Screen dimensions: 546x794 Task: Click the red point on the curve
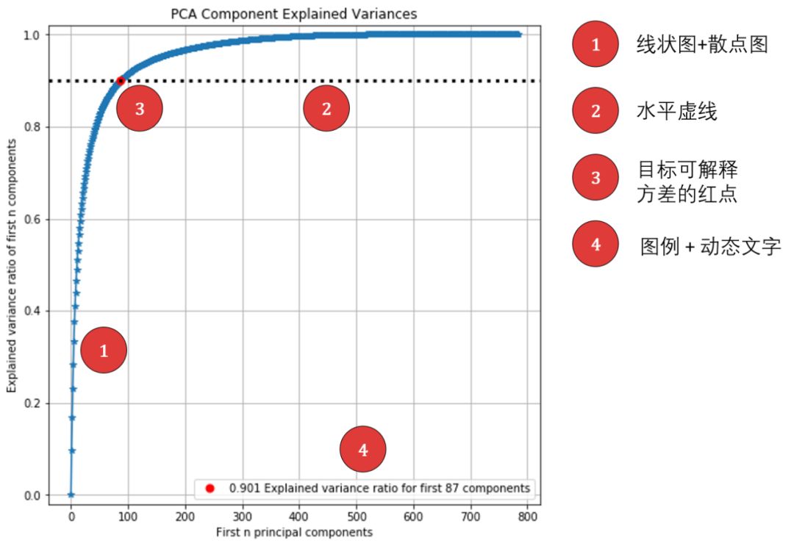point(121,81)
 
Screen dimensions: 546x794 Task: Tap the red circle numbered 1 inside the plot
point(104,351)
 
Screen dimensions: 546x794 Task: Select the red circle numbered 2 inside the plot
point(326,109)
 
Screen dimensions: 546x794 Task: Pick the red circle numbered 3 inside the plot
point(139,109)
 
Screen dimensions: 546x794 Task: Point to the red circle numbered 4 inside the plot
point(363,449)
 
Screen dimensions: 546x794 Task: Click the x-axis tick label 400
point(299,517)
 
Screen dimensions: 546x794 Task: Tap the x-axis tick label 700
point(471,517)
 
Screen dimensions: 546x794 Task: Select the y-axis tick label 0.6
point(32,220)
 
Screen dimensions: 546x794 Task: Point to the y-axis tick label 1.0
point(32,35)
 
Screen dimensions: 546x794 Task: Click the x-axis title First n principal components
point(294,532)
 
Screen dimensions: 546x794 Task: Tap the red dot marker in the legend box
point(210,488)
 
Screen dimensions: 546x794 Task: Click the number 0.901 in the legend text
point(243,488)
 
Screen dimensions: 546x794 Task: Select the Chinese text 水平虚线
point(676,112)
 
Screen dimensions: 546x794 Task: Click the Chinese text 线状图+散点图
point(701,44)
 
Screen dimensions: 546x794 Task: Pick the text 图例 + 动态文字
point(710,245)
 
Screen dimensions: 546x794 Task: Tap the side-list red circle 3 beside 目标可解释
point(595,177)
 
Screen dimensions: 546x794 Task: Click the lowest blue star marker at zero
point(71,495)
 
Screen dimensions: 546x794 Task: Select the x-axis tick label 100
point(128,517)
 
